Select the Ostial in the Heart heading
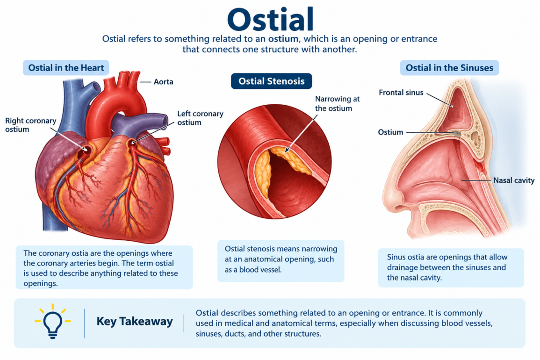tap(66, 68)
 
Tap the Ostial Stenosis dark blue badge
tap(271, 81)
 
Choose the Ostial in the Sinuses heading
tap(449, 68)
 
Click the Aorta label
tap(163, 82)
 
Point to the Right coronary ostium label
tap(31, 125)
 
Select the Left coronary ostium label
tap(200, 118)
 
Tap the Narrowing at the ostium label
tap(337, 104)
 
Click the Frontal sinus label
tap(401, 93)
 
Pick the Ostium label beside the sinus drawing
tap(390, 132)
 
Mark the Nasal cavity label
tap(514, 180)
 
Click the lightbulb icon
tap(52, 322)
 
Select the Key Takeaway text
tap(135, 321)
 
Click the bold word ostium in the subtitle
tap(284, 39)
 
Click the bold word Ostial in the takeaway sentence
tap(207, 313)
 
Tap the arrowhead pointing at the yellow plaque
tap(287, 150)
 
